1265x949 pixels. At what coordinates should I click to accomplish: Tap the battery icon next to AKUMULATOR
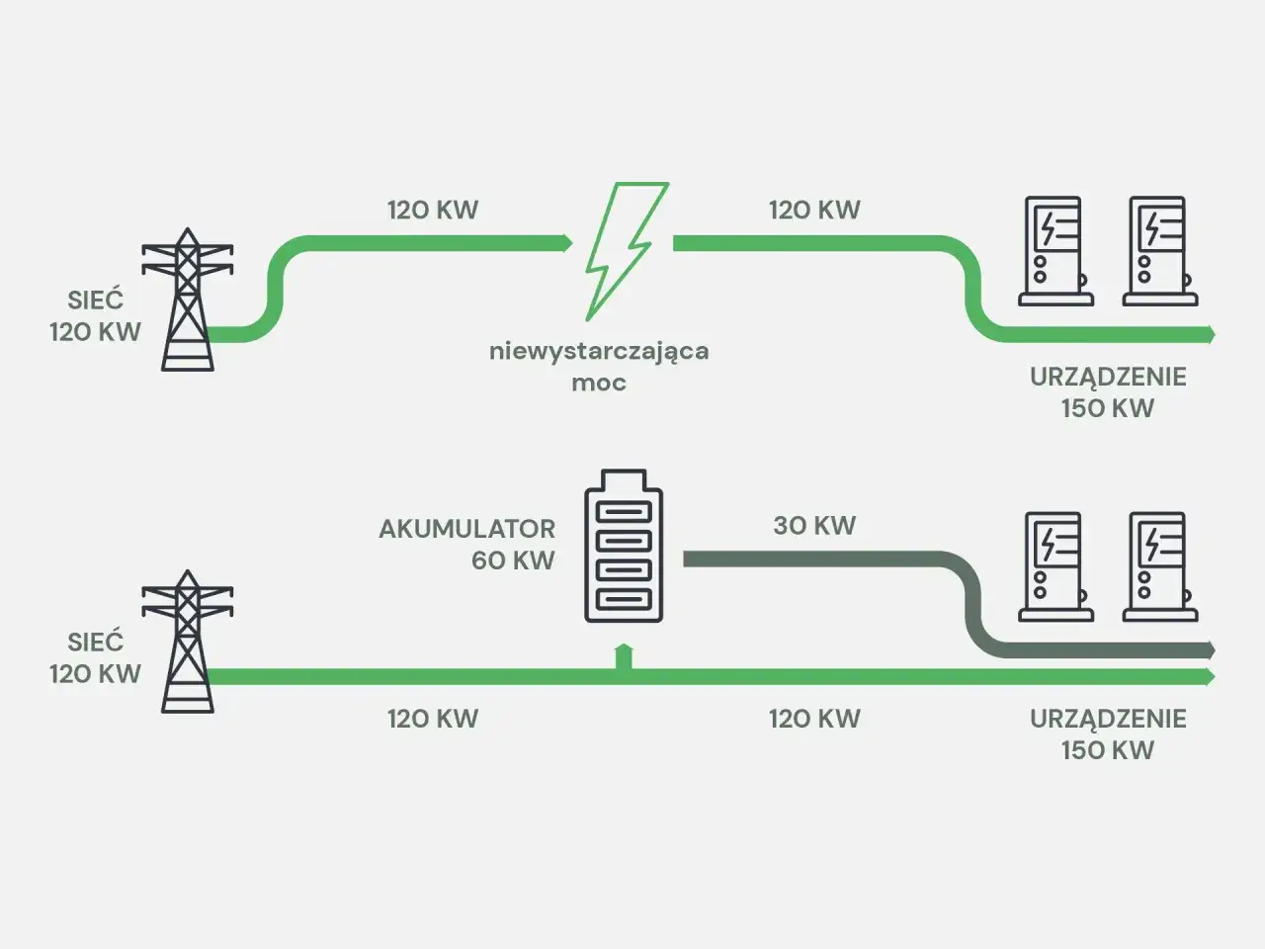[x=624, y=546]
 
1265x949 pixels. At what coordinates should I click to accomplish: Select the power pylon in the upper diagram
[x=188, y=301]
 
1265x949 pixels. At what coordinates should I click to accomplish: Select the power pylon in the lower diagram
[x=188, y=642]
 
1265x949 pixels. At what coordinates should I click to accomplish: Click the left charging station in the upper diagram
[x=1054, y=251]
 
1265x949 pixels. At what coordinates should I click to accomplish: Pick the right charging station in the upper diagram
[x=1158, y=251]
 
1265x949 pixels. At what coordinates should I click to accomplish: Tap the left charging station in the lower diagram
[x=1054, y=566]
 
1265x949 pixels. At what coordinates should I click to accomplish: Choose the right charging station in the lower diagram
[x=1158, y=566]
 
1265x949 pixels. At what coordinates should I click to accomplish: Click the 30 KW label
[x=814, y=526]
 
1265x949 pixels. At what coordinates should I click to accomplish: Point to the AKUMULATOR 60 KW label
[x=467, y=544]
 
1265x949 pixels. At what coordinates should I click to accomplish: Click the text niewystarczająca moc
[x=599, y=366]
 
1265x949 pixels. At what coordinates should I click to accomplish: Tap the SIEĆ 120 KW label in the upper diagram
[x=96, y=316]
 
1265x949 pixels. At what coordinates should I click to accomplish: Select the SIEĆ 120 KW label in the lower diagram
[x=96, y=657]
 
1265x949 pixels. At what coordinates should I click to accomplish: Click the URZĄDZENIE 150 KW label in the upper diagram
[x=1108, y=392]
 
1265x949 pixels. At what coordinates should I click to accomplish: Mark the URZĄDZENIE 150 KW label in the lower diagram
[x=1108, y=733]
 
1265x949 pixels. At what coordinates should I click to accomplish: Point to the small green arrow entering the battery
[x=624, y=654]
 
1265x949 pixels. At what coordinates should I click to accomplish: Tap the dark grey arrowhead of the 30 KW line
[x=1210, y=649]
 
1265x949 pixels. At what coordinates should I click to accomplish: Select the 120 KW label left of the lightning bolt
[x=432, y=211]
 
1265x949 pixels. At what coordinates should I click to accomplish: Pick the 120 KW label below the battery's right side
[x=814, y=719]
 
